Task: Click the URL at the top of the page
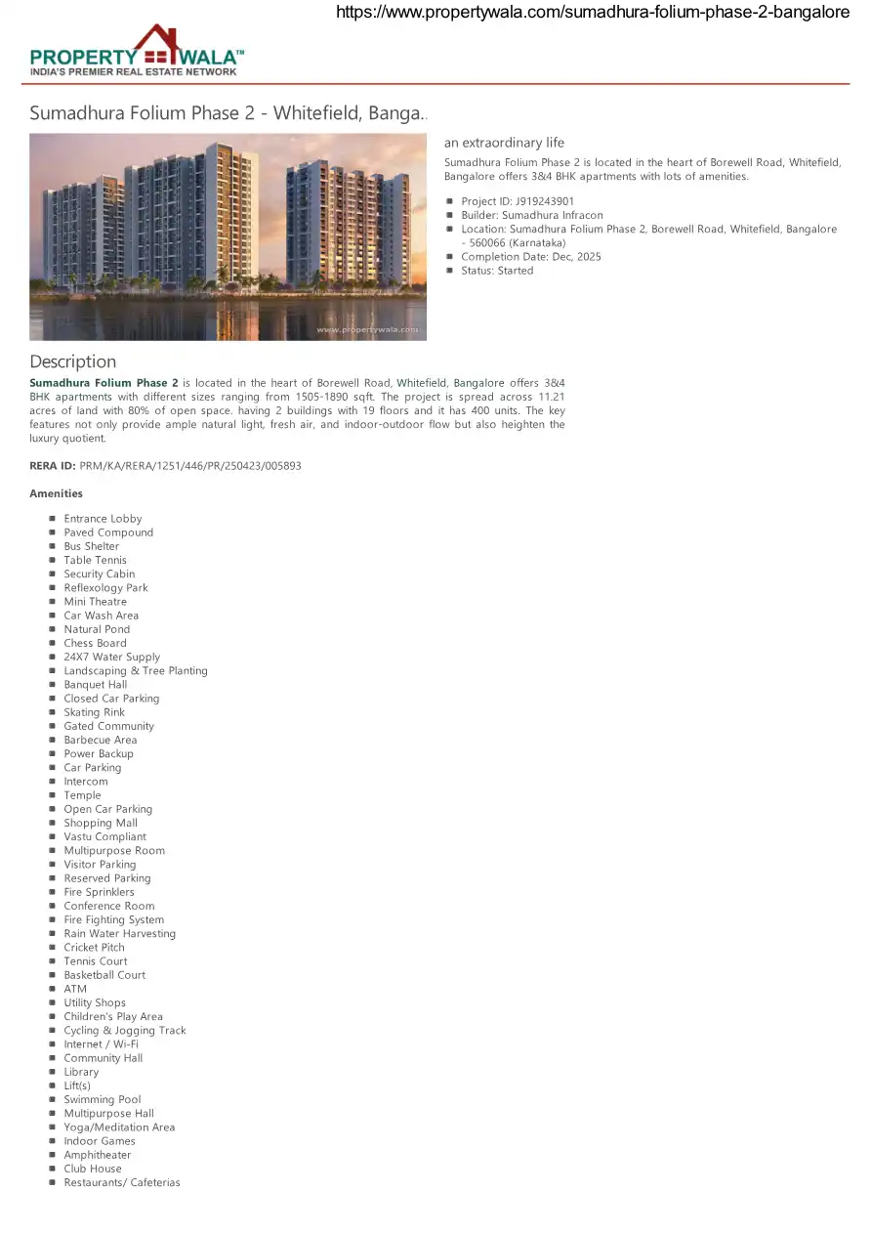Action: tap(593, 13)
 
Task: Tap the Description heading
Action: tap(72, 362)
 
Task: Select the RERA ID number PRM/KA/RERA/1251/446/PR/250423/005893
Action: tap(189, 466)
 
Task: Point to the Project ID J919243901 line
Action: tap(518, 201)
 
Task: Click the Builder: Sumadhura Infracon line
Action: tap(531, 215)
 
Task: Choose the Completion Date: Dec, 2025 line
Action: tap(530, 257)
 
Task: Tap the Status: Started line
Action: tap(497, 271)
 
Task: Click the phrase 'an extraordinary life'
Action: tap(504, 143)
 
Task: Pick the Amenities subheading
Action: tap(56, 493)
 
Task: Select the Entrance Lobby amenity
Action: tap(103, 519)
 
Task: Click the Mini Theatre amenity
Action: tap(95, 602)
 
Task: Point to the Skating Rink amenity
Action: tap(94, 712)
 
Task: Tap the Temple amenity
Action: tap(82, 795)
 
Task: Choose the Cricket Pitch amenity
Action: tap(94, 948)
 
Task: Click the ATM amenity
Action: tap(75, 989)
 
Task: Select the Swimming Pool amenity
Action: tap(102, 1099)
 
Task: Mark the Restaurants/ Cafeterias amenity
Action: tap(121, 1182)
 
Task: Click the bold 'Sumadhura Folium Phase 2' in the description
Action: tap(104, 383)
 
